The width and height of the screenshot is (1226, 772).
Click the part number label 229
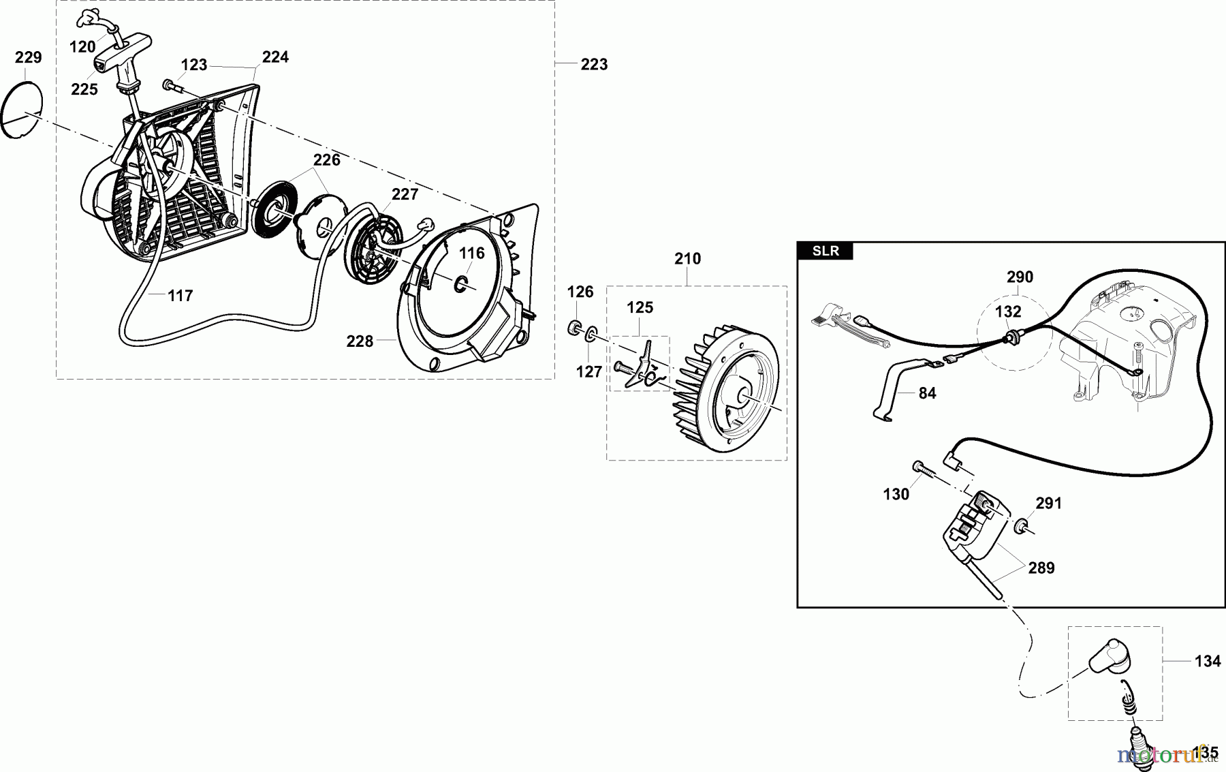(x=29, y=58)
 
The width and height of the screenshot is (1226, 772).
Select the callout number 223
(x=594, y=65)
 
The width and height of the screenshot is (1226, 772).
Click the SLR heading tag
(x=826, y=251)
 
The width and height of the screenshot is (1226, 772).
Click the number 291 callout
(x=1049, y=504)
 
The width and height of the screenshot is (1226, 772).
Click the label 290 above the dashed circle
(x=1020, y=277)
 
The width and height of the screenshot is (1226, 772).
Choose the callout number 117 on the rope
(x=180, y=296)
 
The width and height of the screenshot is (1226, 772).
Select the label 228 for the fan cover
(x=360, y=341)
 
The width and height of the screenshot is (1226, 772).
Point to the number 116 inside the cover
(x=471, y=254)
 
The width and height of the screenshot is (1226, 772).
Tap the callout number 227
(x=405, y=195)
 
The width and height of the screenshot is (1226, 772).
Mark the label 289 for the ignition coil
(x=1041, y=568)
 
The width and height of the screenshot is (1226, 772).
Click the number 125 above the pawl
(x=640, y=308)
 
